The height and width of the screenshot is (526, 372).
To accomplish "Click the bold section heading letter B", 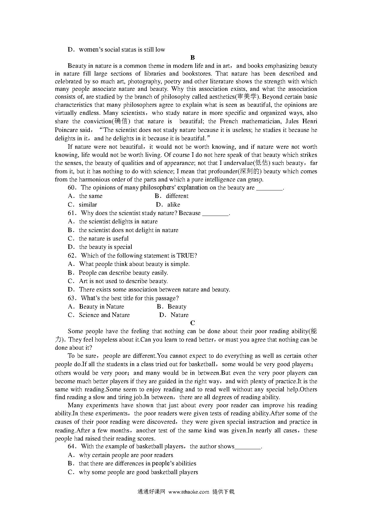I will coord(193,58).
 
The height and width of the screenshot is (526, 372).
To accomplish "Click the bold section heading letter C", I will coord(193,323).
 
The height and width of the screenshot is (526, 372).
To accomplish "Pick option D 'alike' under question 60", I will coord(174,205).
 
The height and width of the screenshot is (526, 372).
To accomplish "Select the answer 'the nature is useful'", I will coord(103,239).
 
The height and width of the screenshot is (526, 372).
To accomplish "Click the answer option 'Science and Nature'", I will coord(104,315).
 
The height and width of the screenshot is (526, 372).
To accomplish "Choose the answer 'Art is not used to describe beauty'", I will coord(123,281).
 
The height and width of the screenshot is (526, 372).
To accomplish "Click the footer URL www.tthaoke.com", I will coord(189,492).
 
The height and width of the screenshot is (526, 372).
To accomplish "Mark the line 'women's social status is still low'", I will coord(122,50).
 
